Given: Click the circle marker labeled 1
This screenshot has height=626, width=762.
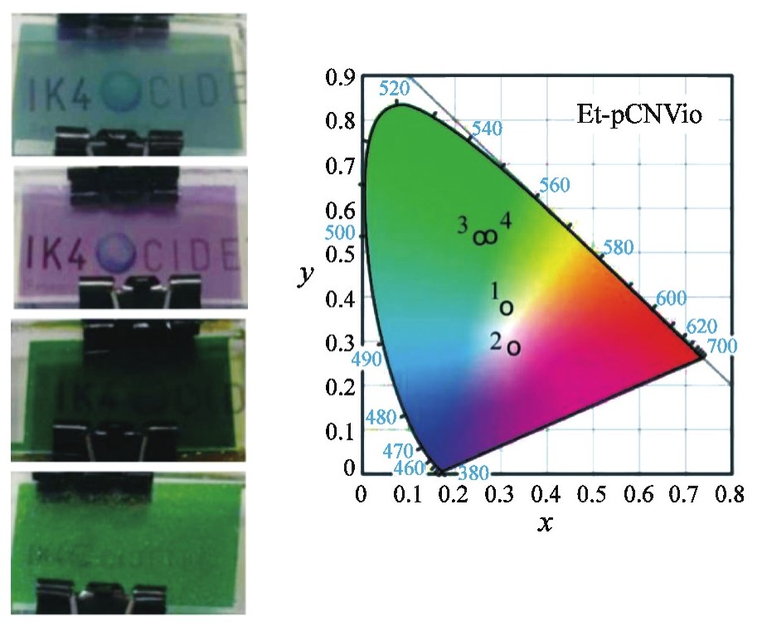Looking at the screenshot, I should pos(506,308).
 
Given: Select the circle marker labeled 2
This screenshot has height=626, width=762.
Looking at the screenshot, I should pos(514,347).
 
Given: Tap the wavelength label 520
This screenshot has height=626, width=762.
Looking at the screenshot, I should pos(395,89).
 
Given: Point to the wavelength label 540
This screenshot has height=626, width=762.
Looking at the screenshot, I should pos(487,129).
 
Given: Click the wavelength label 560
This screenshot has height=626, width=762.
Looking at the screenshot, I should pos(554,184).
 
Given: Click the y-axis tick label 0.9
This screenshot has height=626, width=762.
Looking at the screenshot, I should pos(338,80).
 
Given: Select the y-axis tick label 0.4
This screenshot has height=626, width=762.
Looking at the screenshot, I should pos(338,297).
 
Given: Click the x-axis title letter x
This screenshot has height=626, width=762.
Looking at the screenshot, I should pos(545,524).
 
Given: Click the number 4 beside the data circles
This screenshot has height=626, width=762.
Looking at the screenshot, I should pos(505,220).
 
